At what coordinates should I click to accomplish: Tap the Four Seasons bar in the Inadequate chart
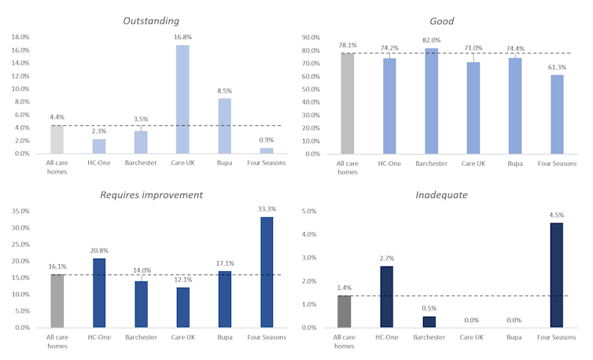556,275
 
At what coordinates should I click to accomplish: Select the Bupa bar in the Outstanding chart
224,126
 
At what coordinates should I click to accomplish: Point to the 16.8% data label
182,36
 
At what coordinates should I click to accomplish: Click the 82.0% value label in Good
432,40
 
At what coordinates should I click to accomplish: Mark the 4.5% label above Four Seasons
556,215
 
